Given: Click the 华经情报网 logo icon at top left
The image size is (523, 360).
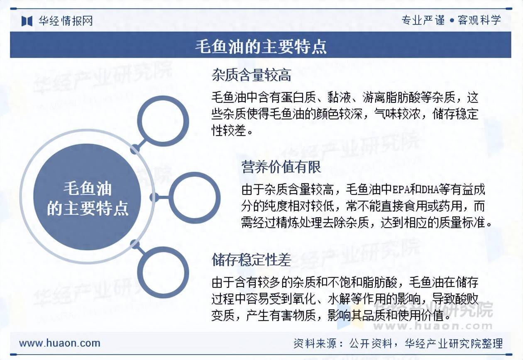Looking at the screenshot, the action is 27,21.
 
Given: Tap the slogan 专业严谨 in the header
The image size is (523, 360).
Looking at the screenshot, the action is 423,20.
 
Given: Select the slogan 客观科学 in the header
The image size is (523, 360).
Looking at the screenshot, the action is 479,20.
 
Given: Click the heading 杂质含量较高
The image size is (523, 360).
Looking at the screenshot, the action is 252,75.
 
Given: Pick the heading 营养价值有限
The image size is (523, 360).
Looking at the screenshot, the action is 281,167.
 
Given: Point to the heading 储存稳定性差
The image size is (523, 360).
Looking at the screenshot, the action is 252,260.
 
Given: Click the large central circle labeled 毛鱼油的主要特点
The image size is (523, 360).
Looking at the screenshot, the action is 87,197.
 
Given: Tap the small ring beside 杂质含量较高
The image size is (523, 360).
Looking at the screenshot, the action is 163,122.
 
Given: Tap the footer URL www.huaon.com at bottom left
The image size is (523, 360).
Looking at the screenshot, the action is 59,343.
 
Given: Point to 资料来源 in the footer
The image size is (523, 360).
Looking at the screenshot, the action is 315,343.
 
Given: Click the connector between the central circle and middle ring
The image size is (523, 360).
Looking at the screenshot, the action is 161,197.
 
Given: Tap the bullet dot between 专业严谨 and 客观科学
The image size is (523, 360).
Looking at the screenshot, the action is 452,21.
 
